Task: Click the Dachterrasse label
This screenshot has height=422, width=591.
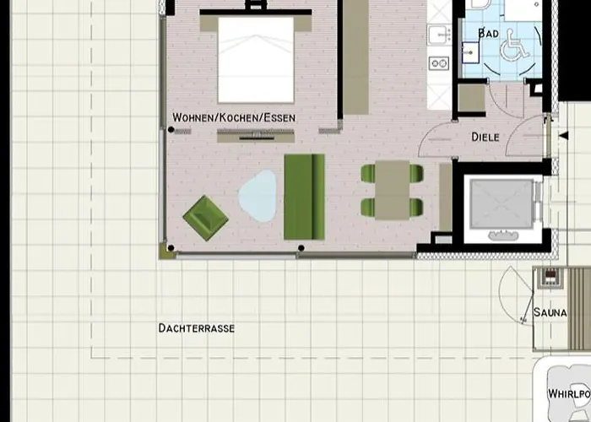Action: [197, 328]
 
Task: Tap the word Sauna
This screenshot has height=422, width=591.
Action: [550, 312]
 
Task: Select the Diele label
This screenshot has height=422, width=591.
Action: [485, 137]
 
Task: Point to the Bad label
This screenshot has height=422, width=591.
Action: [489, 33]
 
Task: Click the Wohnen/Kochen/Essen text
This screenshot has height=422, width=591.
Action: [234, 117]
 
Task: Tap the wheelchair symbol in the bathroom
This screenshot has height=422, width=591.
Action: [515, 46]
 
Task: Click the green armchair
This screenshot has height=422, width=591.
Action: [205, 218]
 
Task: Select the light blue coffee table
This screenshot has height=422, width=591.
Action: [258, 196]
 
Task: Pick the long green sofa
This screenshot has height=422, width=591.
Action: [304, 197]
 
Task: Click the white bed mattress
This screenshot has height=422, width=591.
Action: [256, 60]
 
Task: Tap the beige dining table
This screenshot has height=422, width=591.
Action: [392, 190]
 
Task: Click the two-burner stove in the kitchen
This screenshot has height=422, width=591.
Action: [439, 63]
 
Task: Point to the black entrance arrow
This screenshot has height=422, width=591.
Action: [563, 136]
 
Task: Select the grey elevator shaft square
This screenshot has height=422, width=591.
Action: [502, 204]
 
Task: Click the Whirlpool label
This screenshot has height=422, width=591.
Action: [569, 394]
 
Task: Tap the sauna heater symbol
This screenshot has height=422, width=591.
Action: [550, 278]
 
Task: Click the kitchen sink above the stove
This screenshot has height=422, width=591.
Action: [440, 35]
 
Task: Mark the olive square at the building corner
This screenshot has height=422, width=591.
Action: [166, 252]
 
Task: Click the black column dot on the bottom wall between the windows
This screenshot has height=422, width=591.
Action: [301, 248]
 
